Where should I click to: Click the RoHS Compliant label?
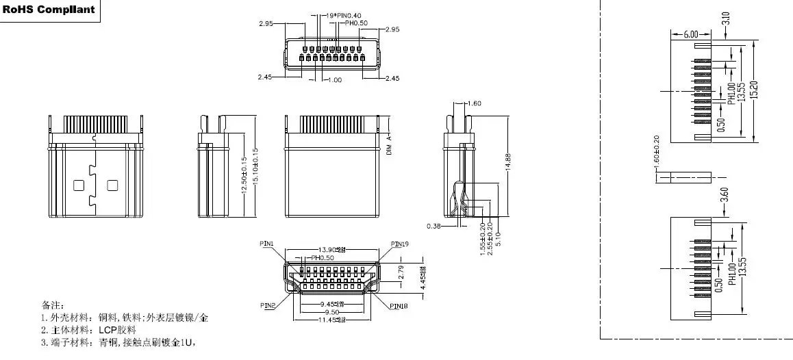point(49,10)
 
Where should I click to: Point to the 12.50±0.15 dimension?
point(244,176)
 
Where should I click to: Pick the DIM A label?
point(388,146)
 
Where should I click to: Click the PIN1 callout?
point(267,244)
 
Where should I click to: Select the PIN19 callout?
point(399,244)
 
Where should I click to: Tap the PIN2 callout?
point(268,305)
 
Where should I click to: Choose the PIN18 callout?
point(399,306)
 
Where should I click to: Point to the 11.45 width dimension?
point(332,320)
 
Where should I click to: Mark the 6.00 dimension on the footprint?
point(690,34)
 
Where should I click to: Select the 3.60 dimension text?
point(725,194)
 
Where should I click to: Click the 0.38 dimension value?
point(433,225)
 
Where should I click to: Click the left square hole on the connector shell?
point(77,185)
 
